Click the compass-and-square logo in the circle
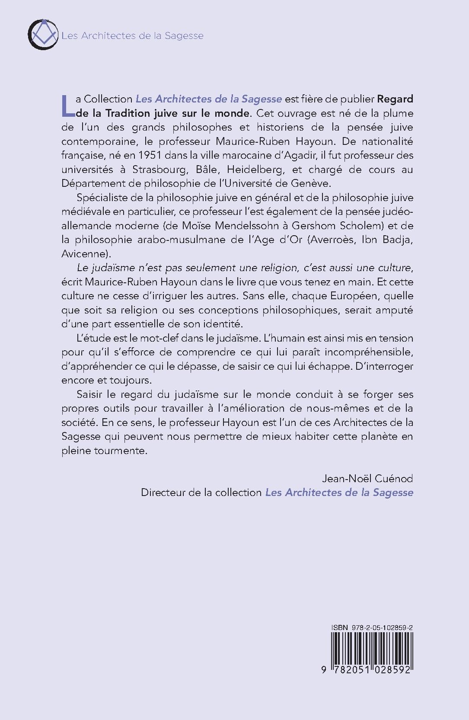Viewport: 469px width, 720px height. pyautogui.click(x=42, y=34)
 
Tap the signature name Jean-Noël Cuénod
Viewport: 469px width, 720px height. pyautogui.click(x=367, y=478)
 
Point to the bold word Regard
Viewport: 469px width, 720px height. pyautogui.click(x=395, y=99)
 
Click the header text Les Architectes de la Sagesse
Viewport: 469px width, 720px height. pyautogui.click(x=132, y=35)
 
